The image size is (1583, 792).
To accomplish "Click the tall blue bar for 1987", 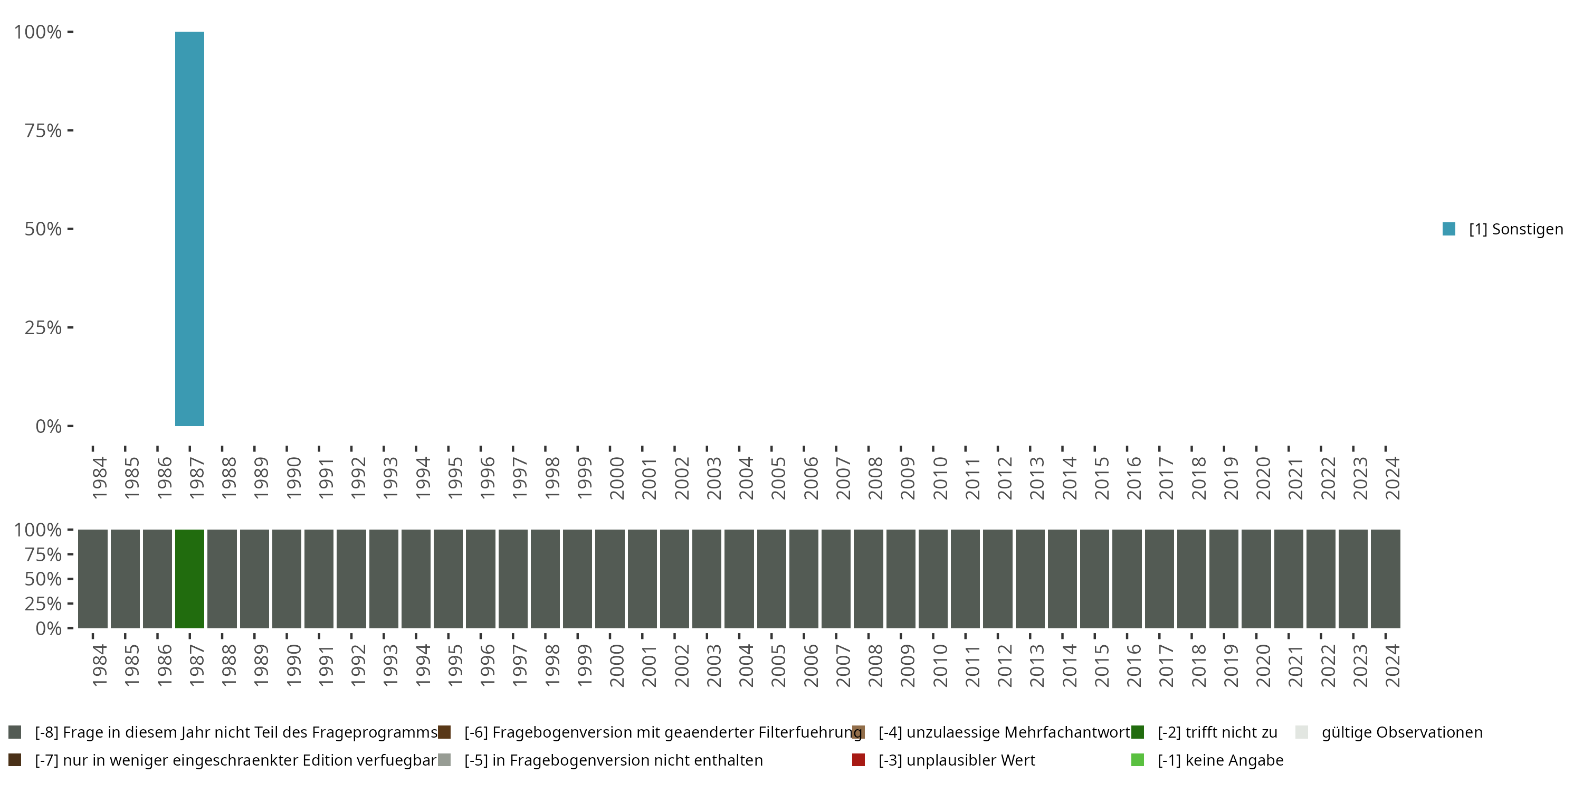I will point(189,229).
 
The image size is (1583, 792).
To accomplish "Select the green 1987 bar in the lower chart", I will point(189,579).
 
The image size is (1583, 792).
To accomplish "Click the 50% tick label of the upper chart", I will point(43,229).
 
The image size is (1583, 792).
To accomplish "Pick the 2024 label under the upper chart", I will point(1392,478).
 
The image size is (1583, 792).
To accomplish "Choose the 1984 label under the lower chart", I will point(99,666).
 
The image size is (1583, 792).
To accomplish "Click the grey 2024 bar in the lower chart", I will point(1385,579).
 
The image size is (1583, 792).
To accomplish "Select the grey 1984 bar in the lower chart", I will point(93,579).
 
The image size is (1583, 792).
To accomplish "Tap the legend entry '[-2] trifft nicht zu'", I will point(1217,732).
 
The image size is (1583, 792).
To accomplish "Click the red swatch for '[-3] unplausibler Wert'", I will point(859,760).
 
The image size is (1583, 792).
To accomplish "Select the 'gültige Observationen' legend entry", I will point(1401,732).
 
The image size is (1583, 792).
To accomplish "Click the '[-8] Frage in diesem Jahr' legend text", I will point(236,732).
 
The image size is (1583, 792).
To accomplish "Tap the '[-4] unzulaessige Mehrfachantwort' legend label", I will point(1004,732).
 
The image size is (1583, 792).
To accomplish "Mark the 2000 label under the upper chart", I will point(616,478).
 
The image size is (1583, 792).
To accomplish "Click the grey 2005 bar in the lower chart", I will point(771,579).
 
